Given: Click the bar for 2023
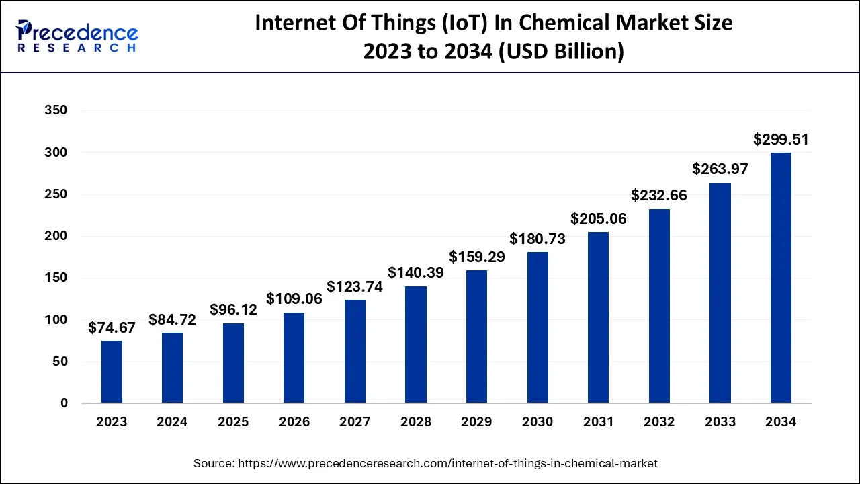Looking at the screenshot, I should coord(112,372).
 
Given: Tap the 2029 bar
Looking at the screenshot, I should coord(476,336).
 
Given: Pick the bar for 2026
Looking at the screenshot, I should coord(294,358).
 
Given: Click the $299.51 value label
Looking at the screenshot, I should coord(781,140).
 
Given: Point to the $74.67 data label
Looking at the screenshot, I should coord(112,328).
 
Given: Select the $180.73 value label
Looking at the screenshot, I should coord(537,239).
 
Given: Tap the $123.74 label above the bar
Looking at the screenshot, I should coord(355,286).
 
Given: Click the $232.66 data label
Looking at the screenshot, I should coord(659,196).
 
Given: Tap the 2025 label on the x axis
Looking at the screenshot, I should coord(233,422).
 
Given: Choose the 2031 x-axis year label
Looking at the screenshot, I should coord(598,422).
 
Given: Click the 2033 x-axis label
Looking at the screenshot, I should coord(720,422).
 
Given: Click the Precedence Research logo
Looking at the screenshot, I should coord(77,36).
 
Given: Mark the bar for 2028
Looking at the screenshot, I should coord(416,345).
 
